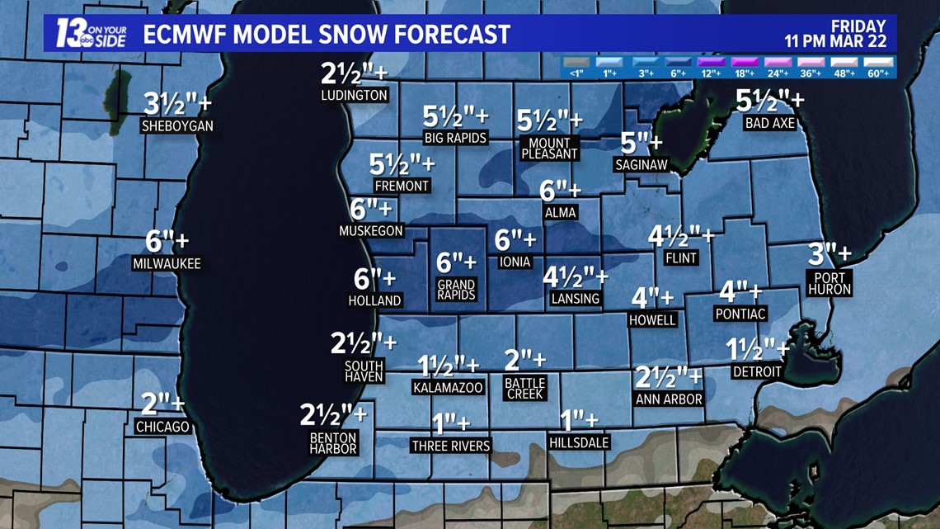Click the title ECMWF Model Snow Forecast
coord(327,35)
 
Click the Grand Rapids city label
coord(456,290)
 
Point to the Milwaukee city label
coord(166,264)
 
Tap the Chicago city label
coord(162,427)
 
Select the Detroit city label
coord(757,371)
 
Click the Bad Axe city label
coord(770,123)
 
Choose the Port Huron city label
coord(830,283)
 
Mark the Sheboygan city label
coord(177,126)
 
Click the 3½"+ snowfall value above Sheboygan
coord(177,104)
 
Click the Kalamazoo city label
coord(448,387)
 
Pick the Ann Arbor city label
coord(669,399)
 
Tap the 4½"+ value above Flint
coord(681,237)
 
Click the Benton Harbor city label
coord(333,443)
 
